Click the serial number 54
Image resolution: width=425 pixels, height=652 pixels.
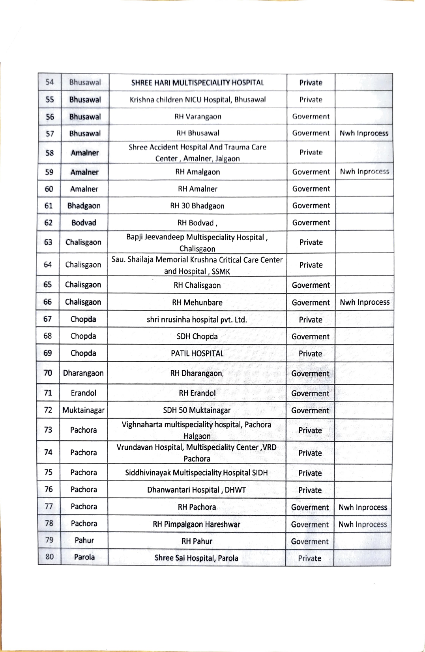[x=50, y=82]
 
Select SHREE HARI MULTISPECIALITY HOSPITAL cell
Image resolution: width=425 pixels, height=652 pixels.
[x=197, y=83]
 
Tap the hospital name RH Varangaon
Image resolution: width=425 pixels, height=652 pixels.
[x=198, y=117]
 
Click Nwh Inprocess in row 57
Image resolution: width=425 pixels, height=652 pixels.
[x=364, y=133]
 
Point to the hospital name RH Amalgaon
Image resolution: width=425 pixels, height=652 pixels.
[x=197, y=172]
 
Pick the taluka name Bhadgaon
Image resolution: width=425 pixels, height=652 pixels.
[x=84, y=205]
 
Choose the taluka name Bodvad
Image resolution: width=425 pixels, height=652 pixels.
[x=84, y=222]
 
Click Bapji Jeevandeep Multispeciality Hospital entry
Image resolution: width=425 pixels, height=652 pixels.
[x=197, y=243]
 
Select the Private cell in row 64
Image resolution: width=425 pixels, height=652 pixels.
[x=311, y=265]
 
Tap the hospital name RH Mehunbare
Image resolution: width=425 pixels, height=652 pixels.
[x=197, y=302]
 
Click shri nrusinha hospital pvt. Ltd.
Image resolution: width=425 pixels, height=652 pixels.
[x=197, y=319]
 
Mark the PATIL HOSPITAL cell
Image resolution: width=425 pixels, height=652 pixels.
[x=197, y=353]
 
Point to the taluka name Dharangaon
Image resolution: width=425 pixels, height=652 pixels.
[x=83, y=373]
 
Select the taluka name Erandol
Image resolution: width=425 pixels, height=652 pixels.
[x=83, y=393]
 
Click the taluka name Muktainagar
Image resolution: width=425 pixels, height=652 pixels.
[x=83, y=410]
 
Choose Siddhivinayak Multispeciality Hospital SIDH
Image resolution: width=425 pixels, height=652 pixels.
[x=196, y=473]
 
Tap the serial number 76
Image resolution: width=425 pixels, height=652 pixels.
[x=49, y=489]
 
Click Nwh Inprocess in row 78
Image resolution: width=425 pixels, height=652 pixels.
[x=363, y=524]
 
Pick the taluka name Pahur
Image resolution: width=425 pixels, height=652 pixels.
[x=84, y=540]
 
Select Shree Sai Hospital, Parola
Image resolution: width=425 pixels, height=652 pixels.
[x=196, y=558]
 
